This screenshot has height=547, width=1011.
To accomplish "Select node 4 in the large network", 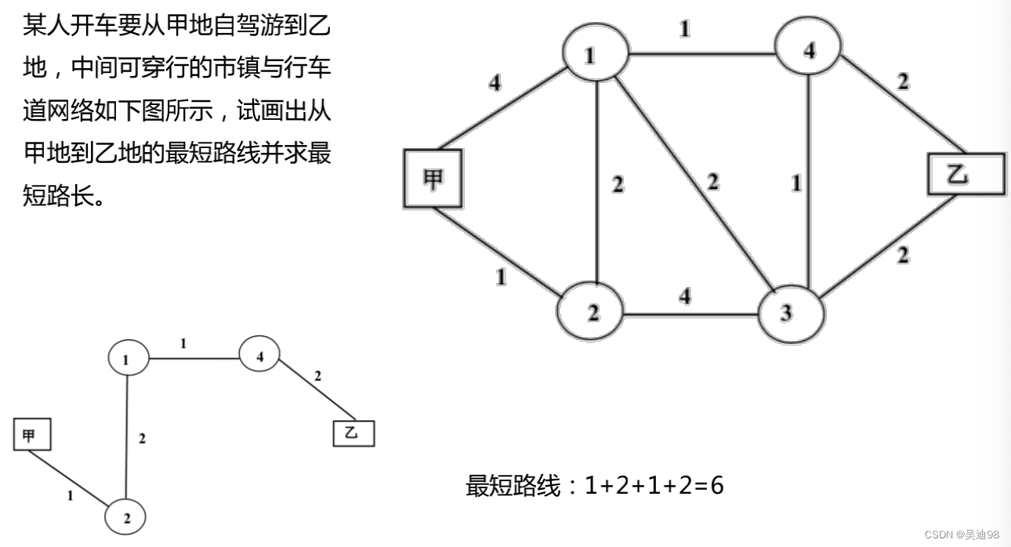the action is pyautogui.click(x=809, y=51).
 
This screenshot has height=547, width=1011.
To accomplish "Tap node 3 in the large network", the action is pyautogui.click(x=790, y=313).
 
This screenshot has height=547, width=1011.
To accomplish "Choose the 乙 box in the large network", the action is pyautogui.click(x=966, y=175).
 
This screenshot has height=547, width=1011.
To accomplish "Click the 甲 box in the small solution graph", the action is pyautogui.click(x=32, y=435).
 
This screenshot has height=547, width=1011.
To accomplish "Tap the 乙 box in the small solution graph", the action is pyautogui.click(x=353, y=433).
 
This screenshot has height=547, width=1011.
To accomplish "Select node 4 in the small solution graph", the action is pyautogui.click(x=260, y=357).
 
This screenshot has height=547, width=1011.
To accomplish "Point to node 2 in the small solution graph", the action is pyautogui.click(x=126, y=517).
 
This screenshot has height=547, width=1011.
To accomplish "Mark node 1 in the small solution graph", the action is pyautogui.click(x=128, y=359).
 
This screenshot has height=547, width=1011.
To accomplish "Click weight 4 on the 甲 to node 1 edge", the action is pyautogui.click(x=495, y=82).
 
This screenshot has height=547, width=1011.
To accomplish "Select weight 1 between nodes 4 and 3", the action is pyautogui.click(x=796, y=184).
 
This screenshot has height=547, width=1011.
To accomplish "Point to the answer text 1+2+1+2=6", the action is pyautogui.click(x=654, y=486).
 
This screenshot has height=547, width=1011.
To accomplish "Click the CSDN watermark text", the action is pyautogui.click(x=962, y=534).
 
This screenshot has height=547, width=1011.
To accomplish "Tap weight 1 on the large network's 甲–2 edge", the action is pyautogui.click(x=500, y=276).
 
